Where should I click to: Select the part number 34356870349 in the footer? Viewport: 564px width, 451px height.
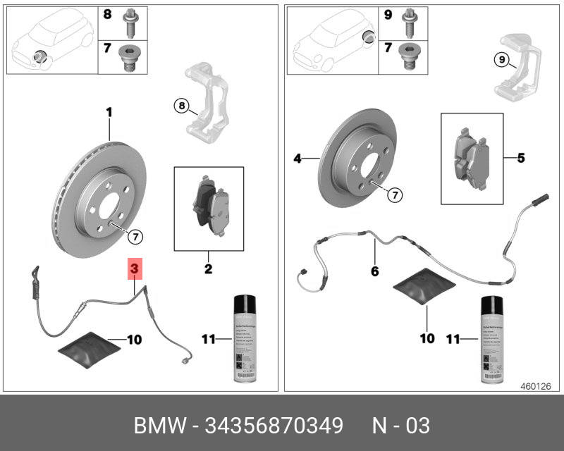point(274,426)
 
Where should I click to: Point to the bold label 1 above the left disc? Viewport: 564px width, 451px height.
point(109,111)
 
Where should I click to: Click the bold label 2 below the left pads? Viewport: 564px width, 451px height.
point(208,268)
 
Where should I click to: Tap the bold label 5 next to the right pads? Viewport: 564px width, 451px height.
point(520,158)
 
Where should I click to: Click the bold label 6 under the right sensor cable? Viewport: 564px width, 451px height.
point(374,271)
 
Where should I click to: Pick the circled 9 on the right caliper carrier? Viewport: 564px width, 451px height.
point(501,60)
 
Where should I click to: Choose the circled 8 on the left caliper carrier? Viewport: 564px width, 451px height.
point(181,106)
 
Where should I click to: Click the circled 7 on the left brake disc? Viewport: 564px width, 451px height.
point(135,235)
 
